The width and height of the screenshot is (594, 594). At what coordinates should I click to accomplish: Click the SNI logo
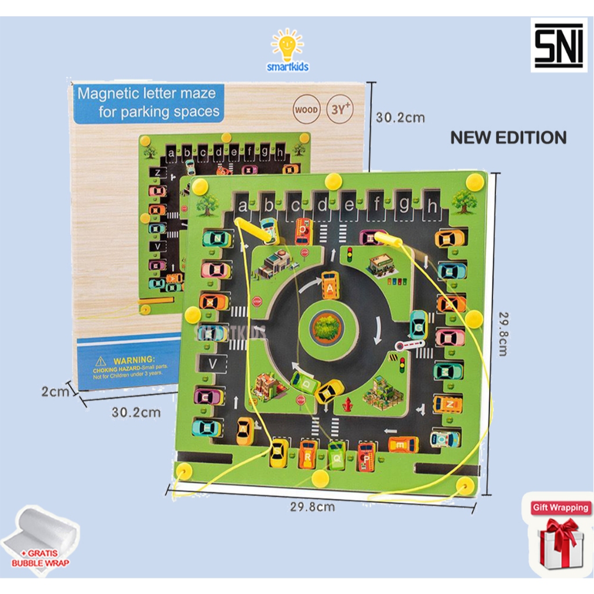click(559, 45)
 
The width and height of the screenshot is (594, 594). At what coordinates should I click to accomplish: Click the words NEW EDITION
click(508, 137)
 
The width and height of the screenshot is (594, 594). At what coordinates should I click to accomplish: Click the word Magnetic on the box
click(106, 93)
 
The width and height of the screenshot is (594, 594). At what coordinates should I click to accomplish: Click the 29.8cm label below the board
click(312, 506)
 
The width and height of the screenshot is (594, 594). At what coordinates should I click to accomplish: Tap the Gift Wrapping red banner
click(560, 508)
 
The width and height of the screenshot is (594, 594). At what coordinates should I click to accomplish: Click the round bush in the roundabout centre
click(329, 327)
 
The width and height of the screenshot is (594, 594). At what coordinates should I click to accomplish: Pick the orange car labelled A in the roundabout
click(330, 285)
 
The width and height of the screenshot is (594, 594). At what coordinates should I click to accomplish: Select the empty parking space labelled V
click(212, 364)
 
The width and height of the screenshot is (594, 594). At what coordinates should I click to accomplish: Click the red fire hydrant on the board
click(347, 404)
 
